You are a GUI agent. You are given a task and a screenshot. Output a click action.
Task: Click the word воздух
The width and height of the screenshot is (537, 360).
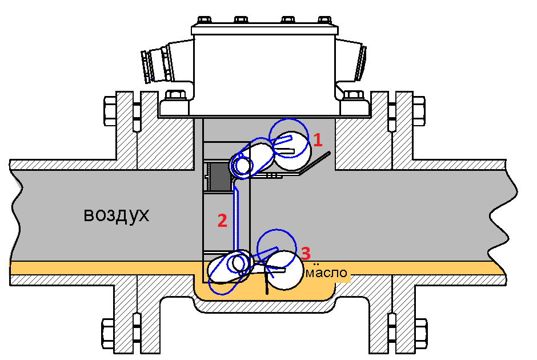[x=117, y=215]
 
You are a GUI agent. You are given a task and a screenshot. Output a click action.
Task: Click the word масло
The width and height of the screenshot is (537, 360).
[x=326, y=273]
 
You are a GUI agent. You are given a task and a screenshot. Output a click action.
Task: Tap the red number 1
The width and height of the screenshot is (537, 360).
[x=318, y=140]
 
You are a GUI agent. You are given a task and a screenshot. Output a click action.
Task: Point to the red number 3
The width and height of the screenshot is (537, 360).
[x=306, y=254]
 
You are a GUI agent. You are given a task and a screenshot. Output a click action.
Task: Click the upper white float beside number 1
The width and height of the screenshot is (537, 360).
[x=293, y=151]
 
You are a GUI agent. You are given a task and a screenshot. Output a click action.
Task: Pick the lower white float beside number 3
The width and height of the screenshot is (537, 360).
[x=285, y=271]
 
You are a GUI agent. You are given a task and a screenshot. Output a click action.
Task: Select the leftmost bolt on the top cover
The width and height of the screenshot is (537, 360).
[x=204, y=20]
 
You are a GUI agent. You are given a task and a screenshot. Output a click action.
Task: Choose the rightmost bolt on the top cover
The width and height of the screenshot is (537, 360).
[x=324, y=20]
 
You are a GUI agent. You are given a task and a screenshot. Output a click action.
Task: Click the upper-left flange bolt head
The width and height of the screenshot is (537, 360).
[x=110, y=111]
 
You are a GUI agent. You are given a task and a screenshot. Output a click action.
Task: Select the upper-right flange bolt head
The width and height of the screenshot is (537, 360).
[x=419, y=111]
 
